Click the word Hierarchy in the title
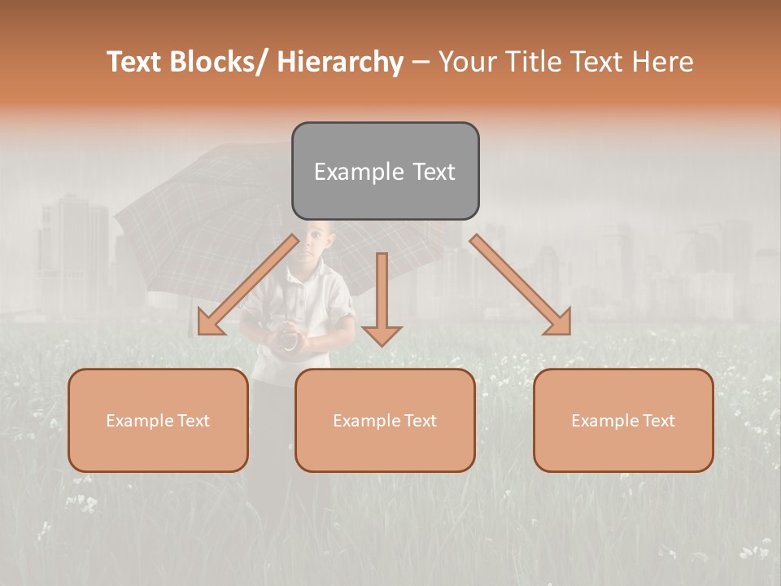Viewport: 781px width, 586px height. coord(340,62)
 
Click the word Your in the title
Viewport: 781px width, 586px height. coord(468,62)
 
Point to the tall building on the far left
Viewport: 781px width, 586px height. coord(73,252)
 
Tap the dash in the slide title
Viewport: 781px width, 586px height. coord(421,62)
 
